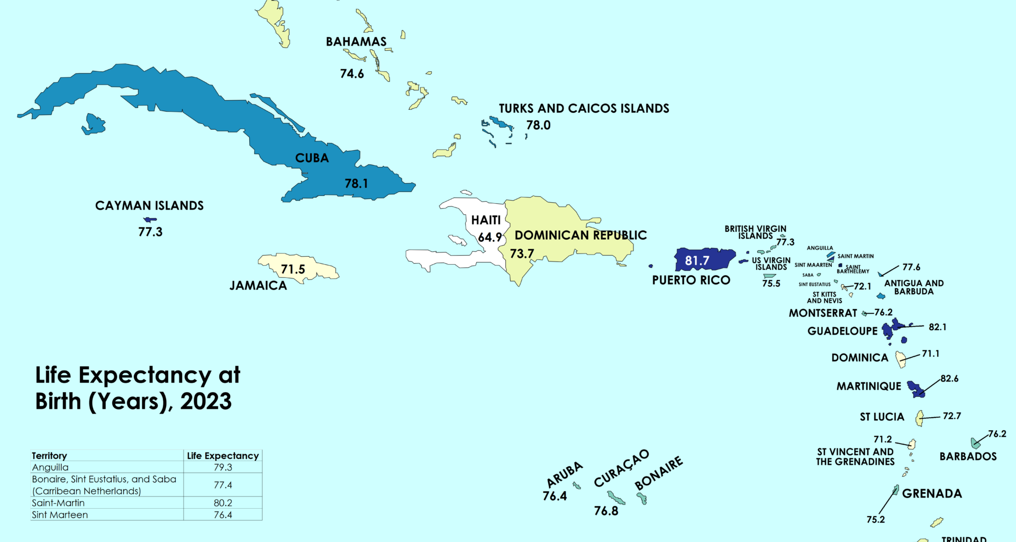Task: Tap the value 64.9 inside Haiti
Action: click(489, 237)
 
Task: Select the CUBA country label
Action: click(312, 158)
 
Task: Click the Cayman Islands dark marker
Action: click(150, 219)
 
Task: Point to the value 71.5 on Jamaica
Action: click(293, 269)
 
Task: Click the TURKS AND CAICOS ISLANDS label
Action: click(584, 109)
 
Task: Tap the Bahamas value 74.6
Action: click(352, 74)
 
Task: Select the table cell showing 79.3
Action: click(223, 467)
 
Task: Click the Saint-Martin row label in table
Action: click(58, 503)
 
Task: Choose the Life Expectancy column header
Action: click(223, 456)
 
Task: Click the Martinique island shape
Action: click(916, 389)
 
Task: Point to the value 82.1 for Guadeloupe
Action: click(937, 327)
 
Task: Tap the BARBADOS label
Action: click(968, 456)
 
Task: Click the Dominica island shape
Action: click(900, 359)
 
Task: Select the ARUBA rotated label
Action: click(565, 474)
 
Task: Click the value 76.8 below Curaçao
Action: click(606, 511)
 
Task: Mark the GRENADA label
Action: click(932, 493)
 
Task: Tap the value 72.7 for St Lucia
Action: click(951, 416)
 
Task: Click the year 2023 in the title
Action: click(206, 401)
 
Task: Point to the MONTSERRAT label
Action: click(822, 313)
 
